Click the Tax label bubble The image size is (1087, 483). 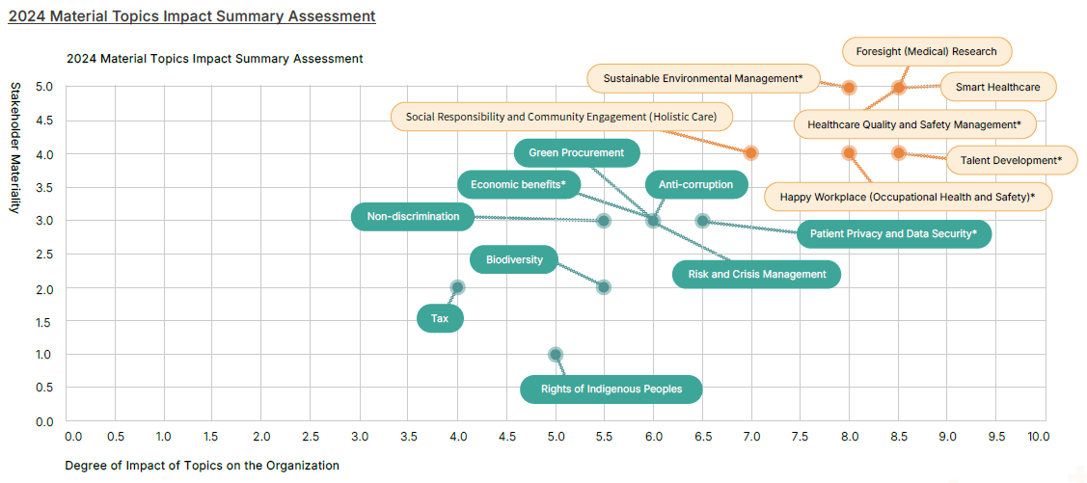tap(440, 318)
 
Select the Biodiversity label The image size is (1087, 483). tap(514, 259)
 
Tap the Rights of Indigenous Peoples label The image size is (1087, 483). tap(611, 389)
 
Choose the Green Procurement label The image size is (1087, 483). tap(576, 152)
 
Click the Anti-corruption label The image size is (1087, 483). tap(694, 185)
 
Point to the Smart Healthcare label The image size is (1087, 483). tap(997, 87)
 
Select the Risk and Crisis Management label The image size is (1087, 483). tap(757, 274)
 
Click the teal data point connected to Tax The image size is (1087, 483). tap(458, 287)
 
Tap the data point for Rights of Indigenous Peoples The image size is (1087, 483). tap(556, 355)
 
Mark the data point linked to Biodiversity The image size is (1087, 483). tap(604, 287)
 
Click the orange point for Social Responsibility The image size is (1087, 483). tap(750, 153)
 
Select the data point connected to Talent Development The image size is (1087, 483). tap(898, 153)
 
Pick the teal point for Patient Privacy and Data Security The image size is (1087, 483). tap(702, 221)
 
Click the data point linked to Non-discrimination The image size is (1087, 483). tap(604, 221)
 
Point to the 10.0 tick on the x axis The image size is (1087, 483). tap(1038, 437)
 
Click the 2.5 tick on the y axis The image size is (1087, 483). tap(44, 255)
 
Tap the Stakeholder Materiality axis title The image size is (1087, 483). tap(15, 148)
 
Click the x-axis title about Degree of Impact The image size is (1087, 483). tap(202, 466)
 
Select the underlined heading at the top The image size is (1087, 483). tap(192, 16)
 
